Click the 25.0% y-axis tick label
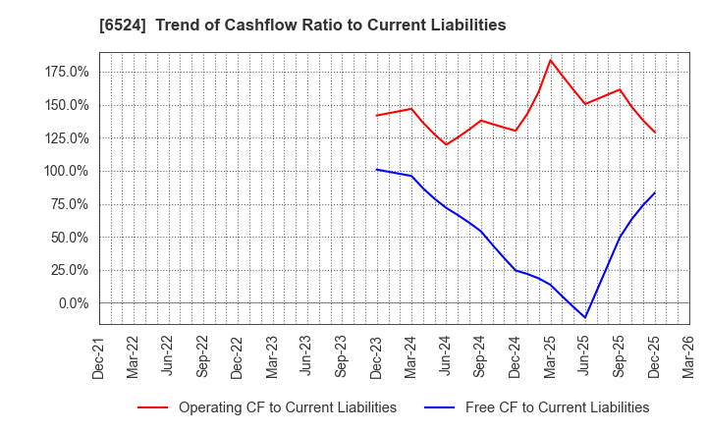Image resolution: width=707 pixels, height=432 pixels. coord(67,270)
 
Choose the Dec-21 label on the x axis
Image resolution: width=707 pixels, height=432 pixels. coord(99,356)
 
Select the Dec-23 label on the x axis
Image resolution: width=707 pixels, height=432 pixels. coord(377,356)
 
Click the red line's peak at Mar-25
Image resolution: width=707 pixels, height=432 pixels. coord(550,60)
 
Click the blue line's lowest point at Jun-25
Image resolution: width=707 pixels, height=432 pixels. coord(585,317)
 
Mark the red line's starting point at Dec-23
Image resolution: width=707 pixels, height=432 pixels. coord(377,116)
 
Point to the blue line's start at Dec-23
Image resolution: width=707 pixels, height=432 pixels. coord(377,169)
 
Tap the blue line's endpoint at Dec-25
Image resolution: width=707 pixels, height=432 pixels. coord(655,192)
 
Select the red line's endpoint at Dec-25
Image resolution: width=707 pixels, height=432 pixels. coord(655,133)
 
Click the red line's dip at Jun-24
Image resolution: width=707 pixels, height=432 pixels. coord(447,144)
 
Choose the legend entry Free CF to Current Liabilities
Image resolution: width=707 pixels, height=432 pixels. coord(557,407)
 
